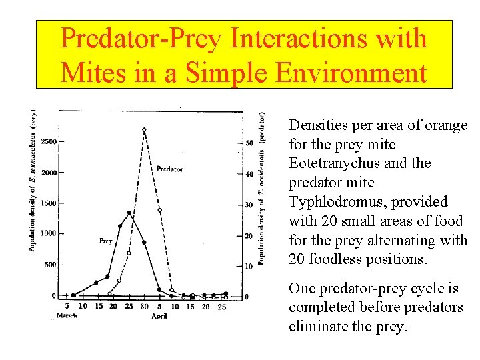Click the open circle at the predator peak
[x=144, y=129]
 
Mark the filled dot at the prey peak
[x=129, y=213]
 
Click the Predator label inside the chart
[x=169, y=169]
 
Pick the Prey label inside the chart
[x=105, y=241]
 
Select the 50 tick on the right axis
[x=249, y=143]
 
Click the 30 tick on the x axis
[x=144, y=306]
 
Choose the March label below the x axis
[x=67, y=315]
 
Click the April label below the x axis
[x=159, y=316]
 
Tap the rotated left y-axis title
[x=31, y=179]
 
